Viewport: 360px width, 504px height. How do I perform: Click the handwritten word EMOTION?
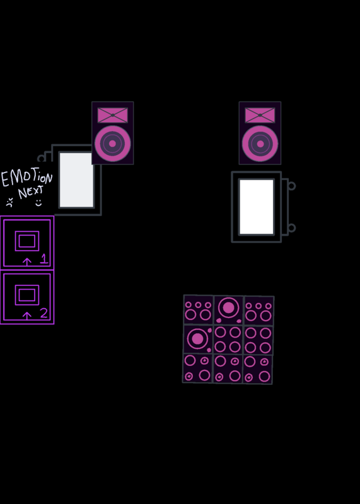pyautogui.click(x=27, y=178)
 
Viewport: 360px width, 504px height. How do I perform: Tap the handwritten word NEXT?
pyautogui.click(x=30, y=192)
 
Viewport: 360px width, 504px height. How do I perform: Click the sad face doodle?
pyautogui.click(x=9, y=202)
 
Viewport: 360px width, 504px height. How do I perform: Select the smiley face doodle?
pyautogui.click(x=38, y=202)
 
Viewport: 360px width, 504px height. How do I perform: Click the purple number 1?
pyautogui.click(x=44, y=259)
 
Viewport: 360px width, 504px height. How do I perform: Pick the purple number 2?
pyautogui.click(x=44, y=313)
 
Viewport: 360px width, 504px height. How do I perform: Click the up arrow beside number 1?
pyautogui.click(x=27, y=262)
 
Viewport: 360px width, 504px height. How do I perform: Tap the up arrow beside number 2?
pyautogui.click(x=27, y=316)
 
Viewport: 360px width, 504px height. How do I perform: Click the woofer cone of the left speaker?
pyautogui.click(x=113, y=144)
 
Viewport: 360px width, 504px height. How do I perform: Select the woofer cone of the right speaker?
pyautogui.click(x=260, y=144)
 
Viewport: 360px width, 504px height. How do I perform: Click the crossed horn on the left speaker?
pyautogui.click(x=113, y=115)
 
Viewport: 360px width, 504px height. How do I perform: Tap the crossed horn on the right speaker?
pyautogui.click(x=260, y=115)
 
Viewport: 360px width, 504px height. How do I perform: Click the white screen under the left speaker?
pyautogui.click(x=76, y=180)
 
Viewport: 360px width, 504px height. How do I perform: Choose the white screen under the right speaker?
pyautogui.click(x=257, y=207)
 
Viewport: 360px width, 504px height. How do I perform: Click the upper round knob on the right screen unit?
pyautogui.click(x=291, y=186)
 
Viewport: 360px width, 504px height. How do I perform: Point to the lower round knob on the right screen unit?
pyautogui.click(x=291, y=228)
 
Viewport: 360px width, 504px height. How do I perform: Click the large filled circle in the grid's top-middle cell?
pyautogui.click(x=228, y=307)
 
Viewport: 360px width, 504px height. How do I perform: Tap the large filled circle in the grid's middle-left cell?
pyautogui.click(x=197, y=338)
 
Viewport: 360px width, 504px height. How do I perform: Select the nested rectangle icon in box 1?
pyautogui.click(x=27, y=241)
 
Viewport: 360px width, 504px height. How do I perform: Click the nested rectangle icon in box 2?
pyautogui.click(x=27, y=295)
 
